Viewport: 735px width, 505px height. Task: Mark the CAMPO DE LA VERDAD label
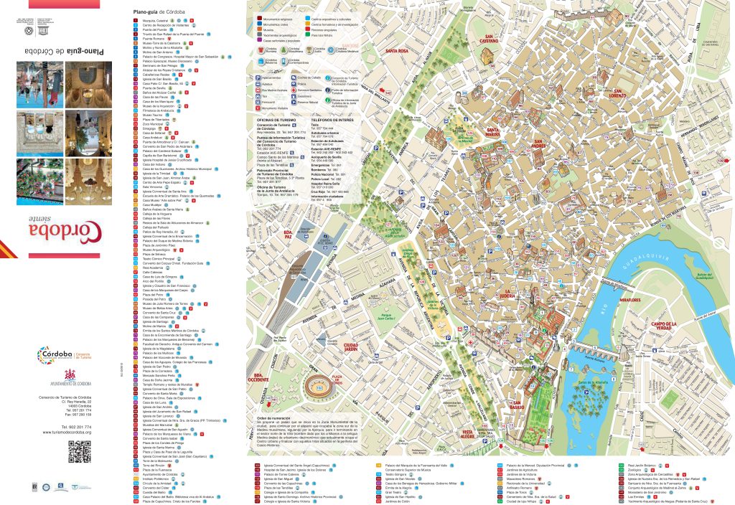(669, 328)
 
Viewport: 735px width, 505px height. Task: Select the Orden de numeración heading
(273, 416)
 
